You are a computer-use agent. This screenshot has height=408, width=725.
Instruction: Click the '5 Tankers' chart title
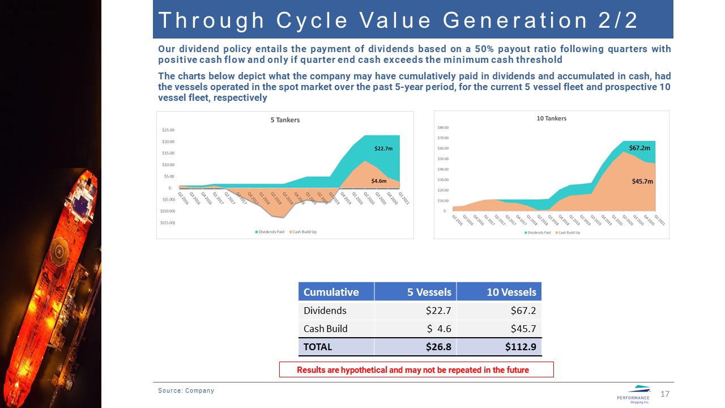285,120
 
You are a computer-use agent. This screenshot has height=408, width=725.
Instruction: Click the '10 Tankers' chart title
551,118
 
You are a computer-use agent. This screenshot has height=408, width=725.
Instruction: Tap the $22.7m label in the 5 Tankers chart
383,148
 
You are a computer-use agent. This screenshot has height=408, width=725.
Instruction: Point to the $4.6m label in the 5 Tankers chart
378,181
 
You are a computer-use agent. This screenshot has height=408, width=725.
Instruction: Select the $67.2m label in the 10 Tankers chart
639,147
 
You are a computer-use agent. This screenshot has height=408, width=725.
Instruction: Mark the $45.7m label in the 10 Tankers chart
642,181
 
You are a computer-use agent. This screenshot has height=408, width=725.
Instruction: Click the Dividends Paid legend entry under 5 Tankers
271,232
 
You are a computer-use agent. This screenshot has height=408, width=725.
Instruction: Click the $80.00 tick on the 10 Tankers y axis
443,127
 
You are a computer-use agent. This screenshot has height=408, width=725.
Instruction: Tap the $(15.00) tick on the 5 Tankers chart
167,222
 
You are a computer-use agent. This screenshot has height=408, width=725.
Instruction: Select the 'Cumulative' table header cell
331,292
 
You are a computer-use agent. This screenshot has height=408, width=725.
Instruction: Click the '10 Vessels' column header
511,292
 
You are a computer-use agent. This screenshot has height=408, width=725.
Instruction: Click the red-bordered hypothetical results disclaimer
416,370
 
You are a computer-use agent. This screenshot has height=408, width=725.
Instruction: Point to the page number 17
665,394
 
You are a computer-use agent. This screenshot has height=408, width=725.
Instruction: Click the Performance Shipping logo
633,394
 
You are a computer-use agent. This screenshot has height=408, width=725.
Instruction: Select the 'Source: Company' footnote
186,390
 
